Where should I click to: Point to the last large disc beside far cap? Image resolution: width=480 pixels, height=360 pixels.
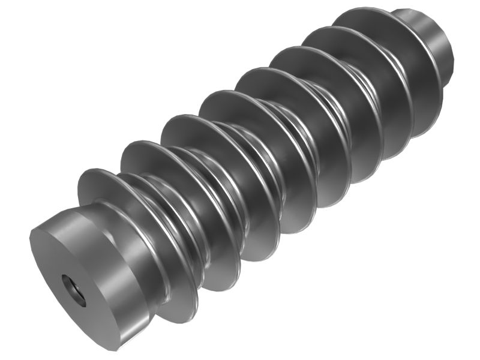coord(360,21)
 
